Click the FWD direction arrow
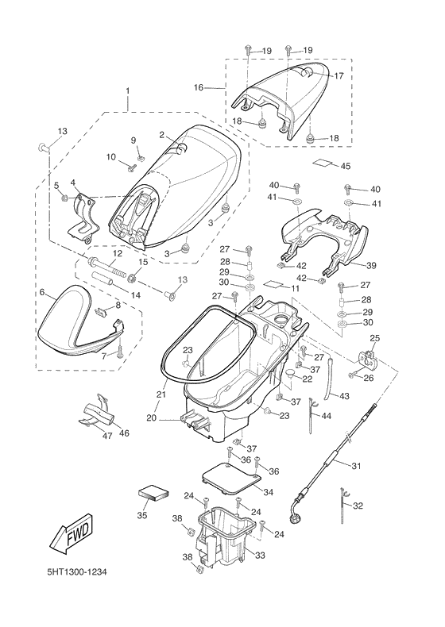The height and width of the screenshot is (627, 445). [72, 533]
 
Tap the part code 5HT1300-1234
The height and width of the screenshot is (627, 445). [77, 571]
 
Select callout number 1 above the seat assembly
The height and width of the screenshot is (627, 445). [128, 91]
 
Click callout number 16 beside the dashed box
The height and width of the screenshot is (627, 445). [199, 87]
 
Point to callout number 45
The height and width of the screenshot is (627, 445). [345, 166]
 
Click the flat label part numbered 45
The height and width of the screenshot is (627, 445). [323, 163]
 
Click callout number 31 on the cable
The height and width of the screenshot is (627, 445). [356, 466]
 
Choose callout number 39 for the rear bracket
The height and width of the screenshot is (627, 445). [371, 266]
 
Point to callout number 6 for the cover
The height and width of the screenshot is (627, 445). [41, 292]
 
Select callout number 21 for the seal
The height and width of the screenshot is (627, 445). [161, 394]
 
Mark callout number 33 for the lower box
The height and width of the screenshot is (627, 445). [260, 556]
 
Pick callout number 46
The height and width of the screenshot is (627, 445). [125, 433]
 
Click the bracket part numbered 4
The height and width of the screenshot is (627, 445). [83, 218]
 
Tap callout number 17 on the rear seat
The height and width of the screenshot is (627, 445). [339, 75]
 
